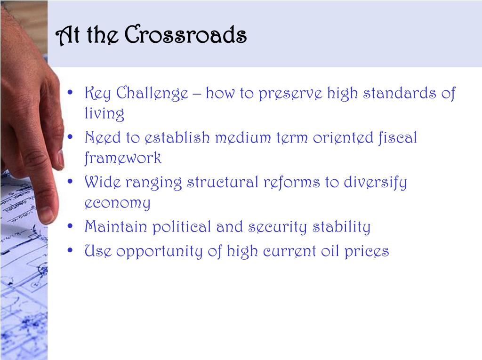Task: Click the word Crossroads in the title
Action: click(x=185, y=34)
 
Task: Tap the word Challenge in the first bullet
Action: click(x=152, y=94)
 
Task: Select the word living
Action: click(x=104, y=113)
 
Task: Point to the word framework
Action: click(x=123, y=158)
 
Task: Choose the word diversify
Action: click(x=375, y=183)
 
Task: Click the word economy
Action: click(x=117, y=203)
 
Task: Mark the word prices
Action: click(x=366, y=252)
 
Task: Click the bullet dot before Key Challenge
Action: click(x=71, y=92)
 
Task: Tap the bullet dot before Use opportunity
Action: click(x=71, y=250)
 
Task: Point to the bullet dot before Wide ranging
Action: click(x=71, y=181)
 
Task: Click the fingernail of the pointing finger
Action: click(x=47, y=214)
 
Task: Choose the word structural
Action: click(x=223, y=182)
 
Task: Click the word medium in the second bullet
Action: click(x=243, y=138)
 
